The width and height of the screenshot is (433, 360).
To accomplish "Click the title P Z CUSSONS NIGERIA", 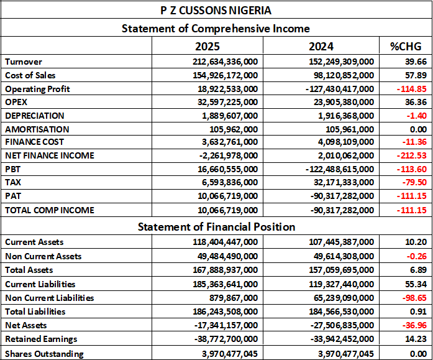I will [216, 11].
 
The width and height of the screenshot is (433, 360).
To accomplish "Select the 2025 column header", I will [207, 46].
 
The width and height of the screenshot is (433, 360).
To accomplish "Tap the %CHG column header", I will [406, 46].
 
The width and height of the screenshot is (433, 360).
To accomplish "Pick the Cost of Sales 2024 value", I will [341, 75].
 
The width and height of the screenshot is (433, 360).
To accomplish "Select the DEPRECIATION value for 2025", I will [234, 116].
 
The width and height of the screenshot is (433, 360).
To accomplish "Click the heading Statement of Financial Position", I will [216, 226].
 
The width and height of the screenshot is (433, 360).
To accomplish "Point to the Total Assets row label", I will [29, 270].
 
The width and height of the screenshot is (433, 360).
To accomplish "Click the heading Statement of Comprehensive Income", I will [216, 29].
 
